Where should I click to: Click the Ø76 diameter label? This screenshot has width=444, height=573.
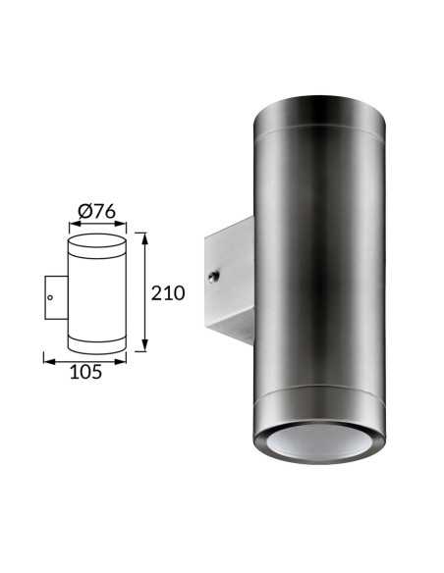pyautogui.click(x=97, y=211)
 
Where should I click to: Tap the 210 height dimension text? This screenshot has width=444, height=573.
pyautogui.click(x=168, y=293)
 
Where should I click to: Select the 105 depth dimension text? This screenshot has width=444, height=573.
pyautogui.click(x=85, y=372)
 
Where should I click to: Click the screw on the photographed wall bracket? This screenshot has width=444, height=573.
pyautogui.click(x=214, y=276)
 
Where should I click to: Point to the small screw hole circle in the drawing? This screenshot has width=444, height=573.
pyautogui.click(x=50, y=297)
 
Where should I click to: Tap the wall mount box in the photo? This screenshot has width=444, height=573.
pyautogui.click(x=230, y=281)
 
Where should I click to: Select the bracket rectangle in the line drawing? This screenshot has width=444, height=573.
pyautogui.click(x=56, y=297)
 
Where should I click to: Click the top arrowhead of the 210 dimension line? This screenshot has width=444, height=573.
pyautogui.click(x=145, y=238)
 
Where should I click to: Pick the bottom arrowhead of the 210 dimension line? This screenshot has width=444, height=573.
pyautogui.click(x=145, y=345)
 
